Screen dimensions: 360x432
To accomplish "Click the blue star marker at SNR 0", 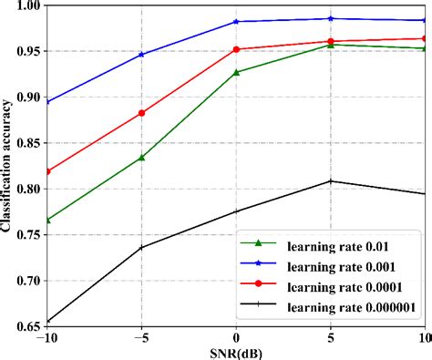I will tap(237, 21).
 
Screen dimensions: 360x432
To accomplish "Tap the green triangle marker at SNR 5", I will tap(331, 45).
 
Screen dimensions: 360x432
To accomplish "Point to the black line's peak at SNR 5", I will tap(331, 180).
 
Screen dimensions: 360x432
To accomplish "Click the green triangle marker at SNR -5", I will tap(141, 158).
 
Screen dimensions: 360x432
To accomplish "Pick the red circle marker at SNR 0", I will tap(237, 49).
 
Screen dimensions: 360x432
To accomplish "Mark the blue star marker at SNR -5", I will tap(141, 55).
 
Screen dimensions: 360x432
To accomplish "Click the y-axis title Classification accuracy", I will tap(8, 164).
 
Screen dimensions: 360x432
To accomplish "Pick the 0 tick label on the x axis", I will tap(237, 336).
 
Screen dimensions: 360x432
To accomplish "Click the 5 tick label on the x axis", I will tap(331, 336).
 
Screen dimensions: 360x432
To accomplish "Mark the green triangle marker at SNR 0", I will tap(237, 72).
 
